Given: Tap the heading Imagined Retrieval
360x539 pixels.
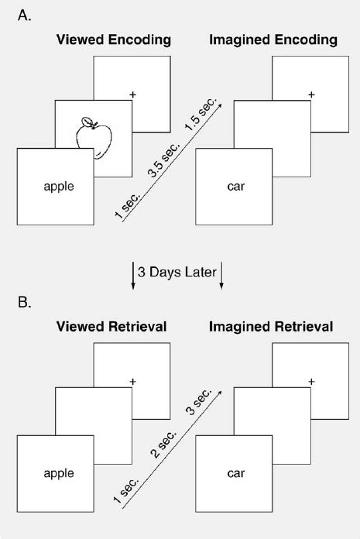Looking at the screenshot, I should pyautogui.click(x=271, y=328).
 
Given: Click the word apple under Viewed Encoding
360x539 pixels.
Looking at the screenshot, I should pyautogui.click(x=59, y=186).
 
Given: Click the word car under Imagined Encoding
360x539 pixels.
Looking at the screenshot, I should pyautogui.click(x=238, y=186).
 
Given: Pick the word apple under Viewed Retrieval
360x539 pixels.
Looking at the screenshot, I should pyautogui.click(x=59, y=472).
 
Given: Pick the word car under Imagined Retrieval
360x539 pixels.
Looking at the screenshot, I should pyautogui.click(x=238, y=472).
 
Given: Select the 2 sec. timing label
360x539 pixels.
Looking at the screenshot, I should pyautogui.click(x=165, y=446).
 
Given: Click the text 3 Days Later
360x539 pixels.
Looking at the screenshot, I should pyautogui.click(x=177, y=273).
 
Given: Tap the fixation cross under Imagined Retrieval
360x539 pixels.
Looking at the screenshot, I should pyautogui.click(x=312, y=382).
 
